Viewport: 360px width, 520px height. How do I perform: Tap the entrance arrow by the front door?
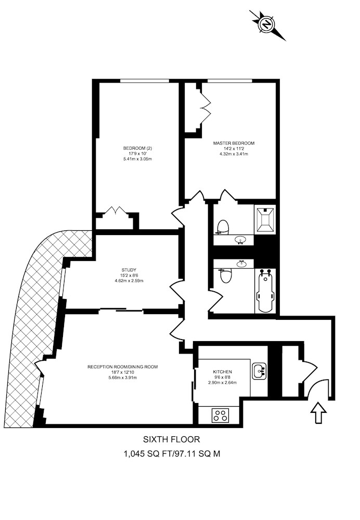point(318,412)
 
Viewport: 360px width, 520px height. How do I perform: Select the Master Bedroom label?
point(234,144)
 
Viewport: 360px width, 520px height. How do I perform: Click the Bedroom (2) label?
point(137,148)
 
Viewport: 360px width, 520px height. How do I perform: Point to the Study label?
point(128,270)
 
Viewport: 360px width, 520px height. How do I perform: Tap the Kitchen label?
point(222,372)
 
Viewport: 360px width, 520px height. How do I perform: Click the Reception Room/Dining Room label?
point(122,367)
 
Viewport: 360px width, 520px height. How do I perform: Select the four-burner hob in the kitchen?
point(221,415)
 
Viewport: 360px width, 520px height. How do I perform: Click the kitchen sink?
point(259,371)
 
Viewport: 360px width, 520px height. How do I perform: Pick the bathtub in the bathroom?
point(265,291)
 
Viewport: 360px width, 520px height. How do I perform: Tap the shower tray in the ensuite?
point(265,219)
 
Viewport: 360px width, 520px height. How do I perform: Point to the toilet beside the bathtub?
point(226,276)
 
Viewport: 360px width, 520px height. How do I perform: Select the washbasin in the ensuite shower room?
point(240,239)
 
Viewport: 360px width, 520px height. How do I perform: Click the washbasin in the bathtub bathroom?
point(241,264)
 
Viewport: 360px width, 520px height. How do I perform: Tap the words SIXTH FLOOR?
point(172,439)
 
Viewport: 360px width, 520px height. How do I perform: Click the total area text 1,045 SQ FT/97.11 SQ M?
point(172,453)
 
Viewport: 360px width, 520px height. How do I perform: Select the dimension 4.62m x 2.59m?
point(128,281)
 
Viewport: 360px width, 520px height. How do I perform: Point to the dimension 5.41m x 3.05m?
point(137,159)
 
